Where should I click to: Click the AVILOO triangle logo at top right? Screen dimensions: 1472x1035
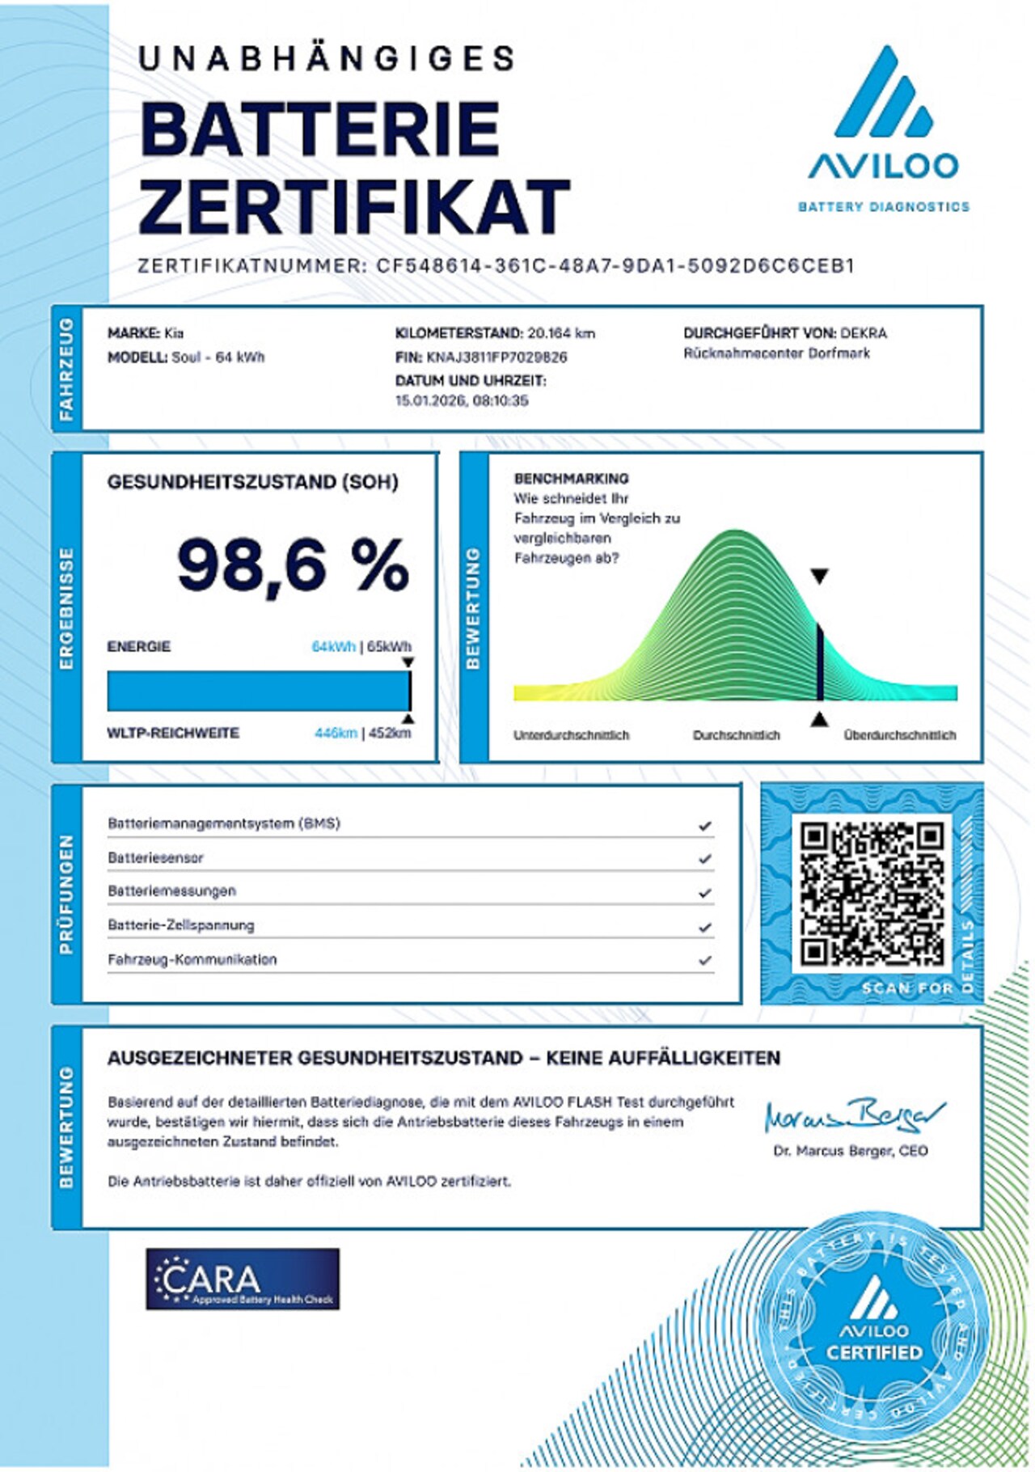click(x=883, y=92)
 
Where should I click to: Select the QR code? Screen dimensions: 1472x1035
click(x=872, y=893)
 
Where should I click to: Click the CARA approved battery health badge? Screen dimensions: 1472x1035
click(x=243, y=1279)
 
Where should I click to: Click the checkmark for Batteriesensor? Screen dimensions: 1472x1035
click(x=705, y=858)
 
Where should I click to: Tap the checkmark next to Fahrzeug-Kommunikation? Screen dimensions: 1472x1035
click(x=705, y=960)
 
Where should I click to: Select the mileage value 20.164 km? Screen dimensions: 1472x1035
click(x=560, y=333)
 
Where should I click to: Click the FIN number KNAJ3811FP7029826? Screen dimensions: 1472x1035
click(x=496, y=357)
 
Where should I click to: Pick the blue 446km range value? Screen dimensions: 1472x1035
click(x=336, y=733)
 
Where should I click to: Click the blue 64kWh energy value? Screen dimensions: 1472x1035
click(x=333, y=646)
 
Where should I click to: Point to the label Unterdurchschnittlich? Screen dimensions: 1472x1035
click(x=571, y=735)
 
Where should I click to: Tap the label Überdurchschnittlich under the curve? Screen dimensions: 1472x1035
click(x=899, y=735)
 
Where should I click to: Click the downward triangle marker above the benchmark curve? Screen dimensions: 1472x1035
click(x=819, y=576)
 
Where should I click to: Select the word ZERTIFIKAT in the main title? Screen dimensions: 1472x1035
click(x=355, y=206)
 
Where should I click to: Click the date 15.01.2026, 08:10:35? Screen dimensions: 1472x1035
click(x=462, y=400)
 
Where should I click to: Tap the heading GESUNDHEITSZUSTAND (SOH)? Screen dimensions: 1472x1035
click(x=252, y=482)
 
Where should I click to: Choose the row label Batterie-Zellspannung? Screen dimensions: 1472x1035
click(x=181, y=925)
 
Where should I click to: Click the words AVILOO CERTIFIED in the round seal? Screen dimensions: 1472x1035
click(x=873, y=1341)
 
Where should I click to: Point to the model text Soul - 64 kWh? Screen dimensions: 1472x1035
click(x=218, y=357)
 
